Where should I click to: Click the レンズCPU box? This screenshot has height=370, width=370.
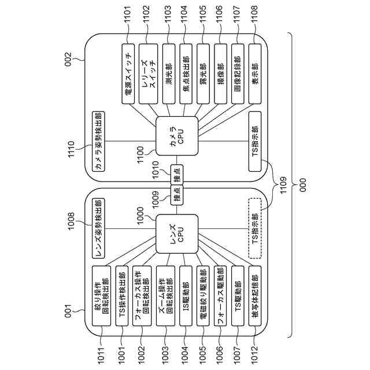tap(173, 234)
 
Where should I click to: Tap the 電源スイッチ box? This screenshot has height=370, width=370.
tap(128, 72)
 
